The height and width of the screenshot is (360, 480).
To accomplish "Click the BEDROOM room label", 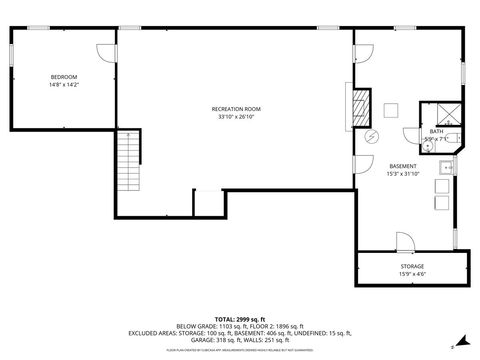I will tap(64, 77).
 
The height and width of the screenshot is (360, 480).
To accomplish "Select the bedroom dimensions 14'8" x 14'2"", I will tap(64, 85).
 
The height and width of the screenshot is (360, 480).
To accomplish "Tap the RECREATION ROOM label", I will tap(235, 108).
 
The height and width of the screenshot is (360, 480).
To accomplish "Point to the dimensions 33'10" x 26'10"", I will tap(235, 117).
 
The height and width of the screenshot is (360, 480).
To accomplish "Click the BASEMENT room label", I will tap(402, 166).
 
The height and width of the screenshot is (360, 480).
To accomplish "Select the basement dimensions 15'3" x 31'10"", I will tap(402, 174).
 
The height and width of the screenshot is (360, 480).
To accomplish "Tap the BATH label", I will tap(436, 131).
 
